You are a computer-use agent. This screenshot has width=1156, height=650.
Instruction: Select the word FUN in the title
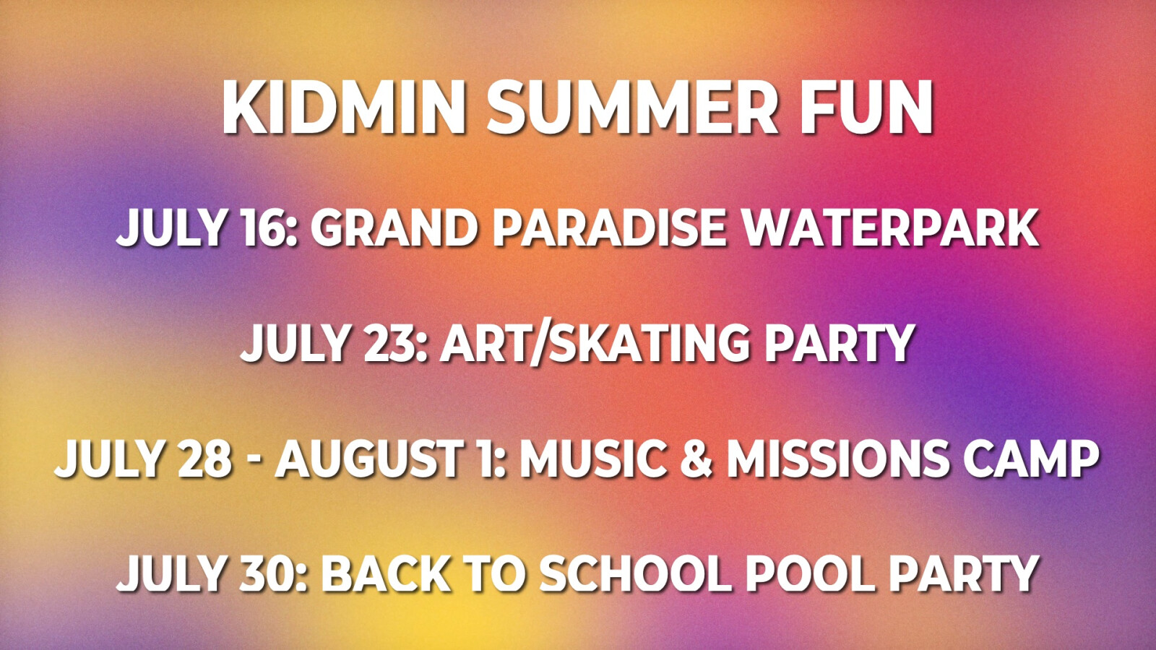click(866, 108)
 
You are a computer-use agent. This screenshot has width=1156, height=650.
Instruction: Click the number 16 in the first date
click(267, 228)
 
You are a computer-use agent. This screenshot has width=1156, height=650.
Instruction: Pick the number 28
click(204, 458)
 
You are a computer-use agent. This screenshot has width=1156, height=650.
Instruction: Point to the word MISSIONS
click(837, 458)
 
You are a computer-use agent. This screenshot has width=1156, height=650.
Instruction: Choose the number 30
click(270, 573)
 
